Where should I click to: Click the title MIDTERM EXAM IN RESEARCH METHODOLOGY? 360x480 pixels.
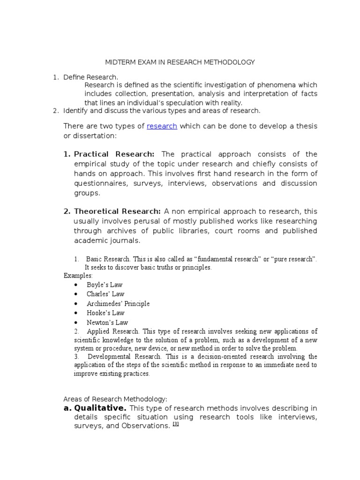pos(179,62)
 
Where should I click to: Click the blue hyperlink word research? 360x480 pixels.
pos(162,126)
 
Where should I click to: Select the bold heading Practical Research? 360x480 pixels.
pos(114,154)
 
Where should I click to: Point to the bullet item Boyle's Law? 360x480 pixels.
pos(104,285)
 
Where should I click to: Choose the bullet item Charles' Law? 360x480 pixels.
pos(105,294)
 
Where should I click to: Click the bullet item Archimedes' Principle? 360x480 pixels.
pos(118,303)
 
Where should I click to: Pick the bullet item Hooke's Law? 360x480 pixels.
pos(105,313)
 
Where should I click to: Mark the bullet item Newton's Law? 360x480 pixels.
pos(107,322)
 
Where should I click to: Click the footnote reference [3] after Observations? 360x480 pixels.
pos(176,424)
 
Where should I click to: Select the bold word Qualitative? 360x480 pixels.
pos(100,408)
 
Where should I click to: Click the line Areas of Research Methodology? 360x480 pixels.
pos(115,399)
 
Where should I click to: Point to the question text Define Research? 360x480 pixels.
pos(91,77)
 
